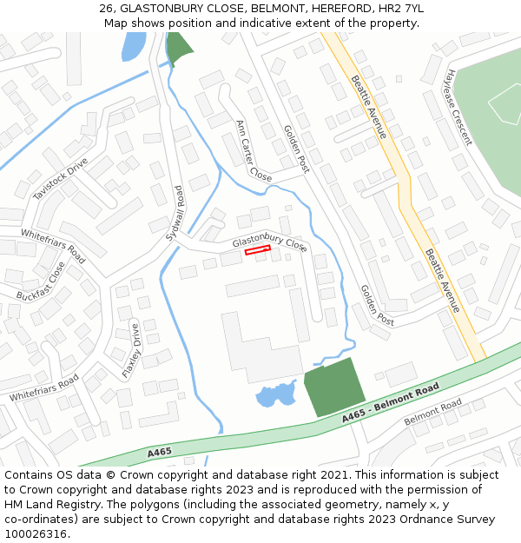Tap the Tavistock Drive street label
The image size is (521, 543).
click(x=61, y=180)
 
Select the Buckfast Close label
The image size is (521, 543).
click(x=40, y=282)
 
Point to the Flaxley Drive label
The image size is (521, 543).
click(x=130, y=350)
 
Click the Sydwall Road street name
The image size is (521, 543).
click(x=175, y=214)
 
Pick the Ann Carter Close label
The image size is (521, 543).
click(x=254, y=150)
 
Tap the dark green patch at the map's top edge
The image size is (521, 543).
click(x=179, y=49)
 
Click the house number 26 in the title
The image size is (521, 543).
click(x=107, y=8)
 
